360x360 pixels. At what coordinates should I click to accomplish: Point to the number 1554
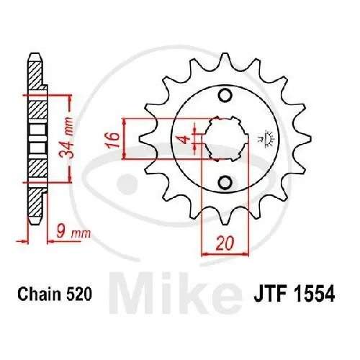tap(315, 294)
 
